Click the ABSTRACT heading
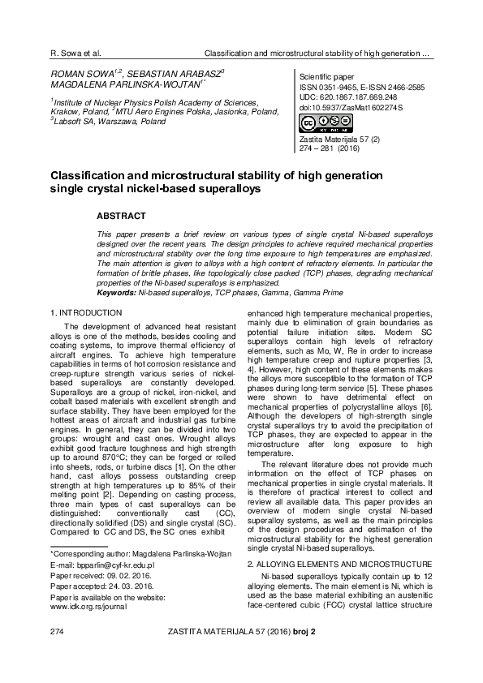(x=121, y=217)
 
